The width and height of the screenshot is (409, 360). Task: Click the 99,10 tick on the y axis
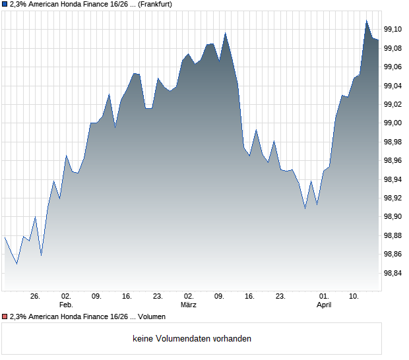393,29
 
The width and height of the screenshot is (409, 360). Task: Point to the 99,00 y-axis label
393,123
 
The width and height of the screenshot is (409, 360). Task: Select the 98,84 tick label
393,273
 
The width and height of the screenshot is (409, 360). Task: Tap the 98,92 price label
393,198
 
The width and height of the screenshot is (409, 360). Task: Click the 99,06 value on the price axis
393,67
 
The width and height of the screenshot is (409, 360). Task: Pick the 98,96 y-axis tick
393,160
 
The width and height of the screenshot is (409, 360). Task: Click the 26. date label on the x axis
36,297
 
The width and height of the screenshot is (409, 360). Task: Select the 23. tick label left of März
157,297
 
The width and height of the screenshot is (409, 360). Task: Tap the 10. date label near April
354,297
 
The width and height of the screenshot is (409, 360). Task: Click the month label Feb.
65,305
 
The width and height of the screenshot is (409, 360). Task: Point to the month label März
189,305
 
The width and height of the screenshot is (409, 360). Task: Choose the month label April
324,305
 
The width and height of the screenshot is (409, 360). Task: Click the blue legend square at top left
5,5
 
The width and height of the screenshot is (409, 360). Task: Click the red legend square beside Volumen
5,317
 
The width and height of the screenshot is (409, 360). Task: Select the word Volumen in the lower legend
151,317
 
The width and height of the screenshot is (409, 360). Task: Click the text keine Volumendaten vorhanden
192,339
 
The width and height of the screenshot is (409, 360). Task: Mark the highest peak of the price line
367,20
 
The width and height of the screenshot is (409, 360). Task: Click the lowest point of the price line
17,264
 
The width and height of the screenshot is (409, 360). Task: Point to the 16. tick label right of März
249,297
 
